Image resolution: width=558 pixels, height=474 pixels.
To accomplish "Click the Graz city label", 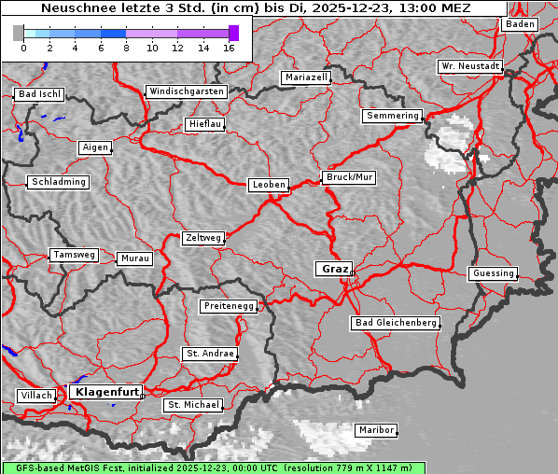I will pos(333,269).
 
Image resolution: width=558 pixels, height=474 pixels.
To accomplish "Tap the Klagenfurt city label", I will pos(106,392).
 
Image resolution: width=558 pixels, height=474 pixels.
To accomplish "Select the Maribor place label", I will pos(375,430).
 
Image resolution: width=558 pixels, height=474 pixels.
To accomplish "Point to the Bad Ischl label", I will pos(39,94).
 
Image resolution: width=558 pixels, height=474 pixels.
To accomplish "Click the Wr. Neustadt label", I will pos(470,67).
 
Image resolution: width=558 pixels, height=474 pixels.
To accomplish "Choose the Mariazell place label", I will pos(307,77).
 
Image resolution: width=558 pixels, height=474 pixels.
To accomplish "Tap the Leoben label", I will pos(268,185).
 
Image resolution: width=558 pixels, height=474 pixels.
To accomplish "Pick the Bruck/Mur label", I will pos(348,177).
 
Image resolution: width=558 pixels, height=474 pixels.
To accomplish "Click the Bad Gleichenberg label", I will pos(395,323).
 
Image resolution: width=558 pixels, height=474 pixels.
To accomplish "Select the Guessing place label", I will pos(492,273).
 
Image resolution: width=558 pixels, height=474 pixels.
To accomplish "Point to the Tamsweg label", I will pos(73,255).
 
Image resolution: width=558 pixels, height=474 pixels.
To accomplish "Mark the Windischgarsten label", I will pos(186,91).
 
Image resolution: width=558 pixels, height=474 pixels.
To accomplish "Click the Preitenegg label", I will pos(228,306).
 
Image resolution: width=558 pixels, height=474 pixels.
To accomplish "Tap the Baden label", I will pos(521,24).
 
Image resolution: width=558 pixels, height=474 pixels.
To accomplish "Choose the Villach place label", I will pos(35,396).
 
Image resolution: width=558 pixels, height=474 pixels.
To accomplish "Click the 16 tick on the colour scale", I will pos(229,48).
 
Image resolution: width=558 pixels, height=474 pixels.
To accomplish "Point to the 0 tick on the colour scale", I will pos(23,48).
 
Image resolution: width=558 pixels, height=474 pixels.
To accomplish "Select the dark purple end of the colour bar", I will pos(233,33).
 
